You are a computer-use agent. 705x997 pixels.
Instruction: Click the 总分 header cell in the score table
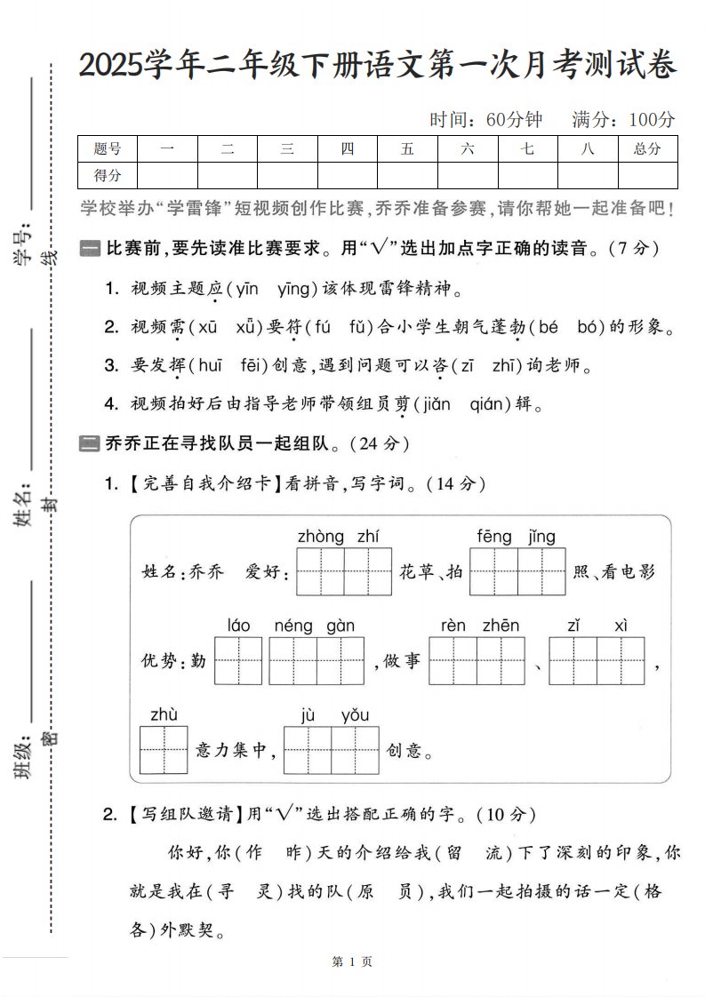pos(647,149)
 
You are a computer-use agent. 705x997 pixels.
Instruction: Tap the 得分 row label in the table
pos(108,176)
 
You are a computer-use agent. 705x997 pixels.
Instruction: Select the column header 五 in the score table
pos(407,149)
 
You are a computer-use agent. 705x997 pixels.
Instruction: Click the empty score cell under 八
pos(587,176)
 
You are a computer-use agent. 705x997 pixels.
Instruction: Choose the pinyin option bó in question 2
pos(590,327)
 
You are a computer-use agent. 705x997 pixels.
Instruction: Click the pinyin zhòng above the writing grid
pos(321,536)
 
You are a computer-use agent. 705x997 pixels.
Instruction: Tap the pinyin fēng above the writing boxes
pos(494,536)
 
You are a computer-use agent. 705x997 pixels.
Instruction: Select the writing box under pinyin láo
pos(238,660)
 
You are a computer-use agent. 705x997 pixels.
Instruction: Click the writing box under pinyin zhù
pos(164,750)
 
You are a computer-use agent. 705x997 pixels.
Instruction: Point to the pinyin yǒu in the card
pos(355,714)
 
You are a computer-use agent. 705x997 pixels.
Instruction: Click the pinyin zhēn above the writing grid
pos(501,626)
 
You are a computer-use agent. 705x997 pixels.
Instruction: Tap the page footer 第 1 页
pos(351,961)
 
